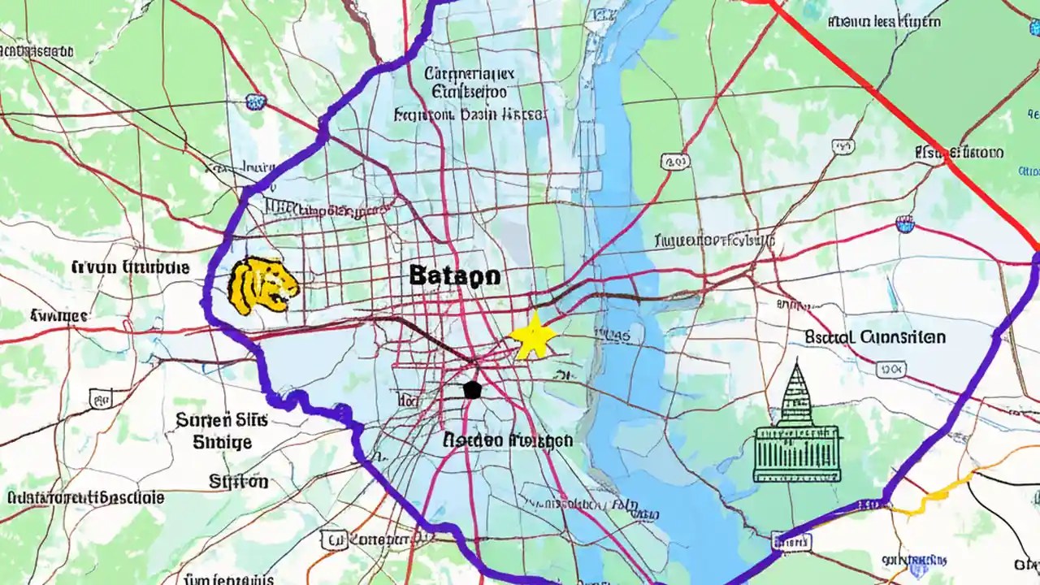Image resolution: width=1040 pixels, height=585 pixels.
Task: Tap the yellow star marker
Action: [x=533, y=337]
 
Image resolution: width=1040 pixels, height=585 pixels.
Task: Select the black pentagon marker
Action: [x=471, y=389]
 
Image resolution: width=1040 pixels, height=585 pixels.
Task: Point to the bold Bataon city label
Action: [x=454, y=276]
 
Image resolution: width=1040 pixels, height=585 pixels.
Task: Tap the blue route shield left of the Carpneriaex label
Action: [x=256, y=102]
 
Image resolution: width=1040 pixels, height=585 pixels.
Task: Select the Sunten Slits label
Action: [x=214, y=420]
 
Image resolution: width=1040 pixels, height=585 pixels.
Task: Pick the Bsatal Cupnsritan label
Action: [x=875, y=336]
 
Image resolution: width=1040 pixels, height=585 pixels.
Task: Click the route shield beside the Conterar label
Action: [x=333, y=539]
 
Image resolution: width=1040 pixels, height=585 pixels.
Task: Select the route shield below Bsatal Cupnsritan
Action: [x=891, y=370]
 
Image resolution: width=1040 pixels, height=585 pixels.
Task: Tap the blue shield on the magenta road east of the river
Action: [x=904, y=223]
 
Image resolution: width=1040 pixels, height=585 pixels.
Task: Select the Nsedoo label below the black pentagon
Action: [x=508, y=440]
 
